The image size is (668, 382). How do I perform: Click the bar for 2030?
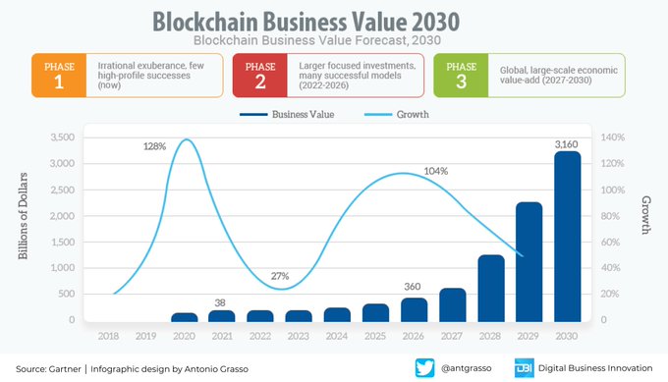point(567,236)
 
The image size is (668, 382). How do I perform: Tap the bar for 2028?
point(490,288)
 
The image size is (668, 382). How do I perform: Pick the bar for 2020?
point(184,317)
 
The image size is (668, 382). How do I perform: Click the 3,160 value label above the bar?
point(566,144)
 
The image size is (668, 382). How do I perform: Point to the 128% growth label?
point(154,145)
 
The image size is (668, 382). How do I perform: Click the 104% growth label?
point(435,171)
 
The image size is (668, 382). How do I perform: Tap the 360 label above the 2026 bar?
point(413,287)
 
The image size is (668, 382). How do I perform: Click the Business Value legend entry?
point(287,114)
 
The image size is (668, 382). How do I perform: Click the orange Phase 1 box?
point(61,75)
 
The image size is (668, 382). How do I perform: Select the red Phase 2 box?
point(259,75)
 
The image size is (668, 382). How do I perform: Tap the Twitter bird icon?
point(424,367)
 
